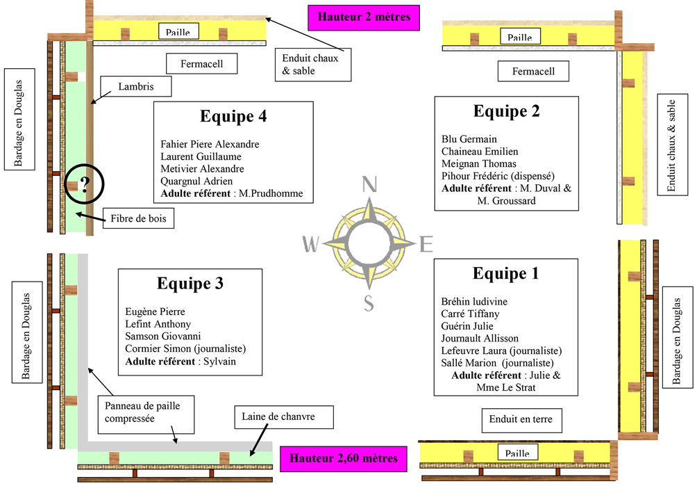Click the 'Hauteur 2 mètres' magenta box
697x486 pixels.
click(364, 17)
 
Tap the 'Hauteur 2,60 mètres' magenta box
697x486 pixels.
click(344, 458)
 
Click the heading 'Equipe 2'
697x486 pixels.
click(506, 111)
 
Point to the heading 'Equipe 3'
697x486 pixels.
click(190, 284)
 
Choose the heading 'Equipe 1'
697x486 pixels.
click(505, 273)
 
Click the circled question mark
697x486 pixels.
click(85, 185)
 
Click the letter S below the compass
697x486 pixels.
click(369, 303)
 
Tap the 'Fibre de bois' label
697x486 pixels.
click(137, 219)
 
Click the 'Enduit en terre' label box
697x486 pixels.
click(521, 420)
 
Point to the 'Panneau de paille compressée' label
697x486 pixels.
click(142, 411)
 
